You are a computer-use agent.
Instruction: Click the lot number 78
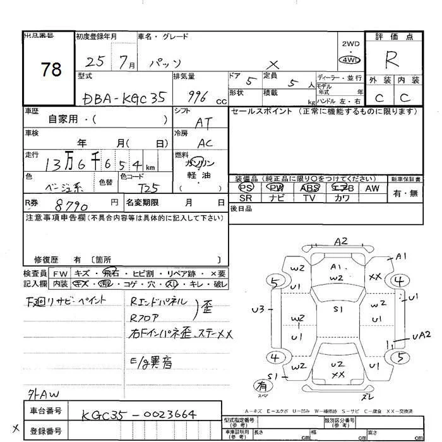50,69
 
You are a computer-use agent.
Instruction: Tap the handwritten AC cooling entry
204,143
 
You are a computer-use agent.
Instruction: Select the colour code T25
149,188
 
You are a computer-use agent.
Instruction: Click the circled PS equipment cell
246,188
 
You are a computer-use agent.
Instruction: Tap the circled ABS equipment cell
309,188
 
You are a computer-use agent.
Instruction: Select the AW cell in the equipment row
372,188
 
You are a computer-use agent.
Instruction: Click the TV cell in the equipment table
309,198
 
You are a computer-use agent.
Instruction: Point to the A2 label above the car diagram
341,241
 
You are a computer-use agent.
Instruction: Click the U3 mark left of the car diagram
257,309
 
